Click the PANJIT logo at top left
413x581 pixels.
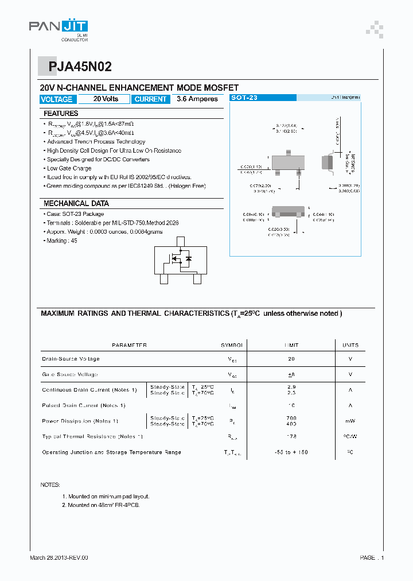coord(59,28)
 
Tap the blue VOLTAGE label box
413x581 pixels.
coord(56,99)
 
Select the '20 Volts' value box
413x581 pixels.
coord(106,99)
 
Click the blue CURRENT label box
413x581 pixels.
coord(150,99)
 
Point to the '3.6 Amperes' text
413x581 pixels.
coord(197,99)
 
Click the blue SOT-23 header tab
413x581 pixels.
coord(244,98)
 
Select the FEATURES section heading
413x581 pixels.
coord(61,114)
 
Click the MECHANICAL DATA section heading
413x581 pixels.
coord(76,203)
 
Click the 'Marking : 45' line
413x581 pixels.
coord(62,241)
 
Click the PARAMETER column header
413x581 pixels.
coord(129,345)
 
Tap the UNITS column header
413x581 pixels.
coord(350,345)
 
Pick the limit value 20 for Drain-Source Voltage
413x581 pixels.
coord(291,359)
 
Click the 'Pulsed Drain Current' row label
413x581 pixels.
coord(84,405)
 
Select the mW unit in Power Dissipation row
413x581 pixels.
coord(350,421)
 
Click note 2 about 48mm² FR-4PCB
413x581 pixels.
coord(100,505)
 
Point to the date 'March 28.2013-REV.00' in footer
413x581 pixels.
coord(59,557)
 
